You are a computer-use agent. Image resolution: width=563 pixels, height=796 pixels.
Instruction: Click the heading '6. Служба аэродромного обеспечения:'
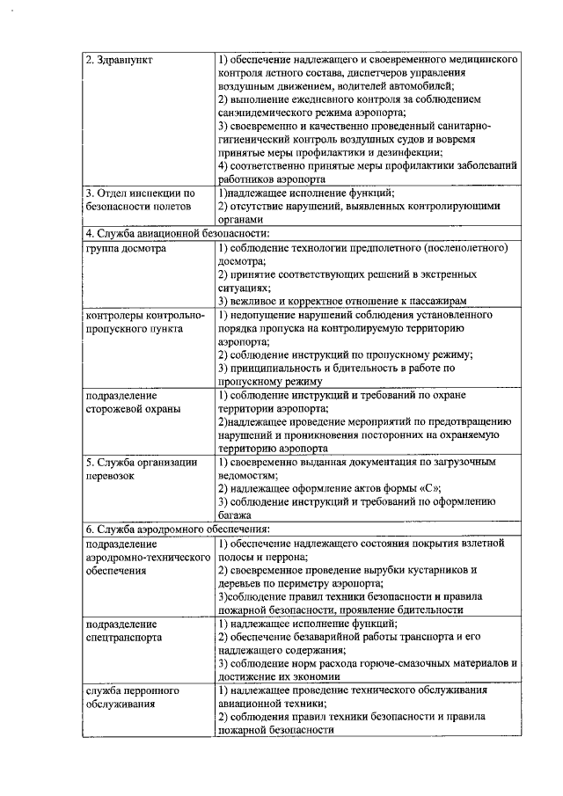[177, 528]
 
